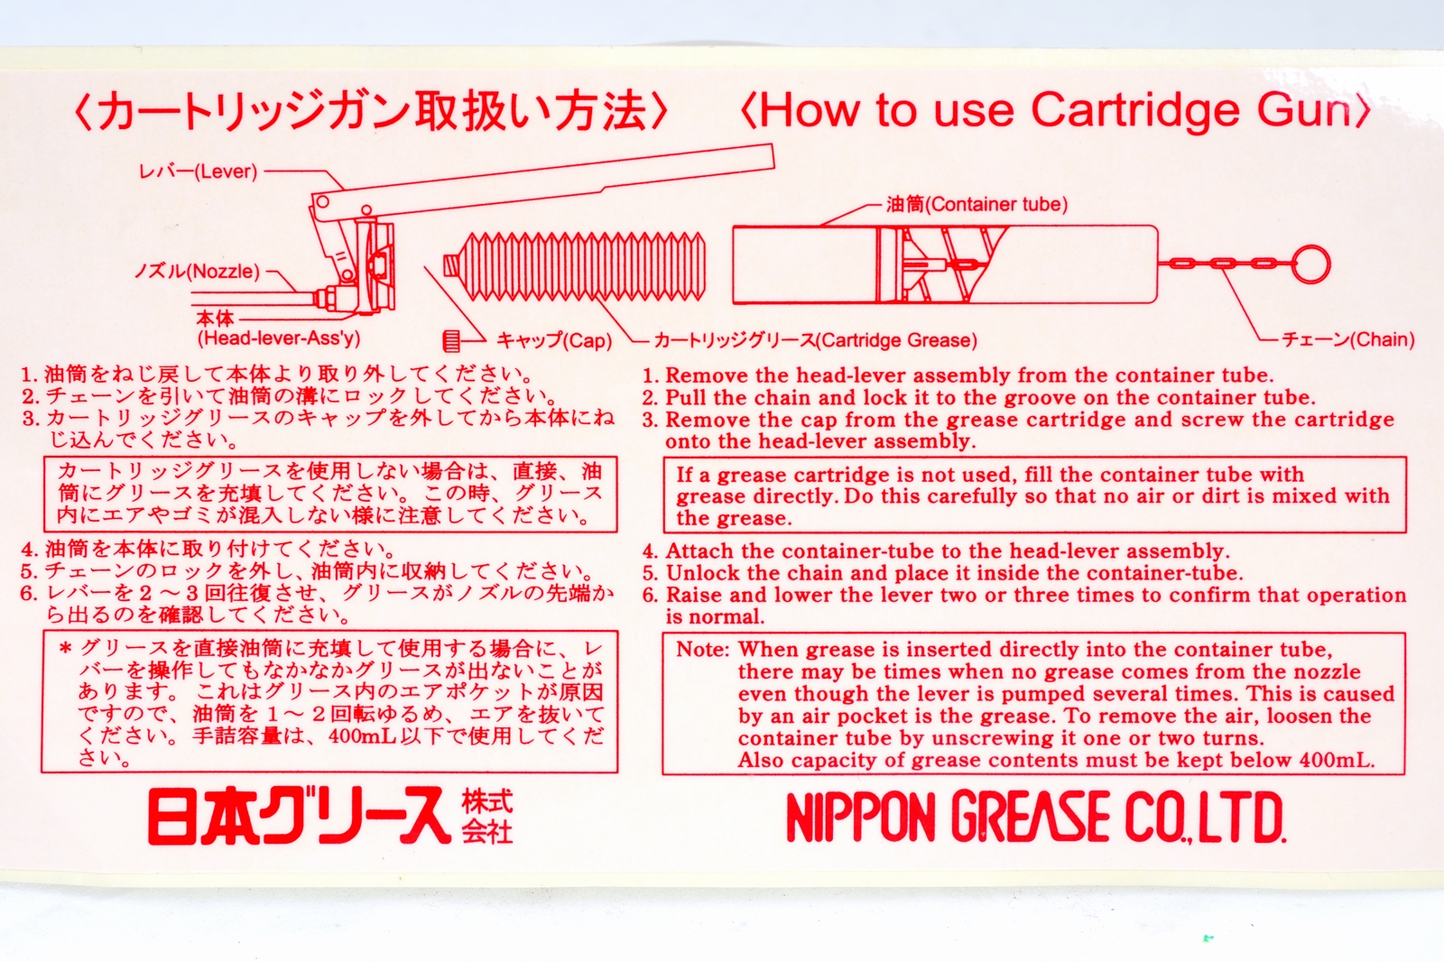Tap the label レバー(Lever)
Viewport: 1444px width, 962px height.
coord(199,171)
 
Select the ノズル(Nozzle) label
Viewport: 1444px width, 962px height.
coord(198,272)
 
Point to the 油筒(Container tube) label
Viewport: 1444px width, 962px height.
coord(977,204)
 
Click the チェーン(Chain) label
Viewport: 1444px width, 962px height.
coord(1348,339)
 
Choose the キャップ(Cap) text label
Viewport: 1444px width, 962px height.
coord(554,340)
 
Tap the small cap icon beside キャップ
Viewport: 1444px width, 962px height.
coord(451,341)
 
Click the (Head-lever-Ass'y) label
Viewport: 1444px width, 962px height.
coord(279,338)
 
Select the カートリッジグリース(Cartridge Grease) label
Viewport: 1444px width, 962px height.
coord(816,340)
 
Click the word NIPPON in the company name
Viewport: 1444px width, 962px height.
coord(861,817)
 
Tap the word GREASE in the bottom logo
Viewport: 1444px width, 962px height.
coord(1031,817)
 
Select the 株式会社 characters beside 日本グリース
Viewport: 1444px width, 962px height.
coord(487,817)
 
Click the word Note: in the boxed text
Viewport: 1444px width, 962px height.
coord(703,649)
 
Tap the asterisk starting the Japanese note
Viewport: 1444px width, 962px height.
coord(65,649)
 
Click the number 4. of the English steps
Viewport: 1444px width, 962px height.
coord(651,551)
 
